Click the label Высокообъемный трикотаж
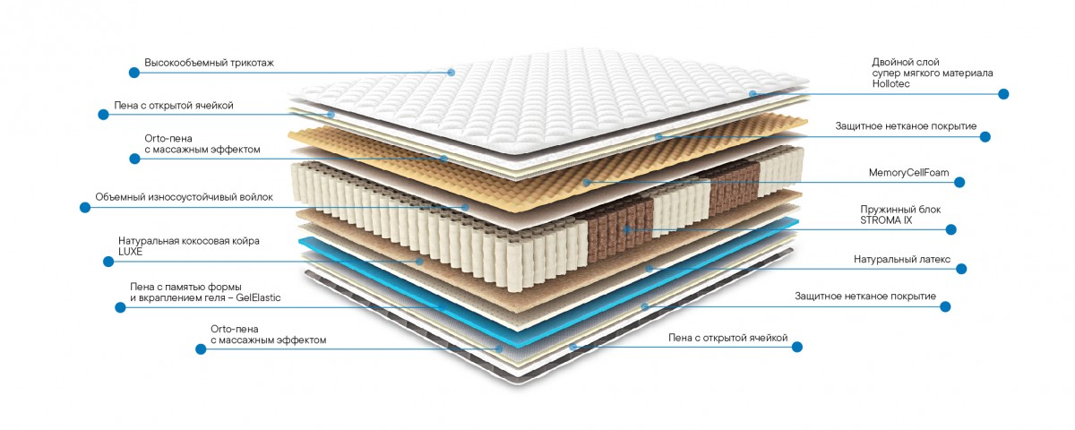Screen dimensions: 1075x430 [209, 63]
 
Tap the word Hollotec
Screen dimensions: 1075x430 [890, 83]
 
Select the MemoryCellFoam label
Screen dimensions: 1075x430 [908, 173]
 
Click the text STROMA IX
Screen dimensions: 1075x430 [886, 220]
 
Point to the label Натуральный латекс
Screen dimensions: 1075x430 [902, 260]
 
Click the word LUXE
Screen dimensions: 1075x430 [130, 252]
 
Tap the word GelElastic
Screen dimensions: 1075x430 [258, 297]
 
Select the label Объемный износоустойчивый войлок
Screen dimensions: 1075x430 [184, 197]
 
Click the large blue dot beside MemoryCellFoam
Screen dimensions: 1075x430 [959, 183]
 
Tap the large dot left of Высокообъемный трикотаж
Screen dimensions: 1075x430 [134, 73]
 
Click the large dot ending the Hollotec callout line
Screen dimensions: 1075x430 [1003, 94]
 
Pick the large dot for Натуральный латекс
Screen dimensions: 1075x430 [961, 269]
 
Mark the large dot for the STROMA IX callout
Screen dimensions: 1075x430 [950, 230]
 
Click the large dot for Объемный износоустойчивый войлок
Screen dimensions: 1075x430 [85, 207]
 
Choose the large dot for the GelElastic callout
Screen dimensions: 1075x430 [120, 307]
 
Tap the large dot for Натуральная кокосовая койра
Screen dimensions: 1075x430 [108, 262]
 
